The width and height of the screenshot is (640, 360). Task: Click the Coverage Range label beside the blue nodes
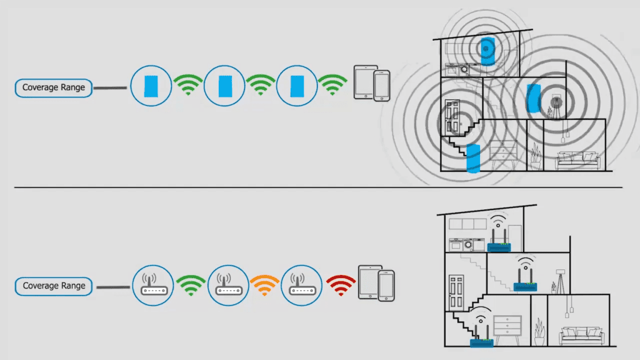53,87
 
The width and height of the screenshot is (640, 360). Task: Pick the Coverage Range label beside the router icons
53,286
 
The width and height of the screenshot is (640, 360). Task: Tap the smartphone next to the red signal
387,284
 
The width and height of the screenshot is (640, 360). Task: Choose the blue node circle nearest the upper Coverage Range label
151,86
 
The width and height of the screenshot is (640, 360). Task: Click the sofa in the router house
581,336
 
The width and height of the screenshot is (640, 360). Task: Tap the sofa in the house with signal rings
578,160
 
